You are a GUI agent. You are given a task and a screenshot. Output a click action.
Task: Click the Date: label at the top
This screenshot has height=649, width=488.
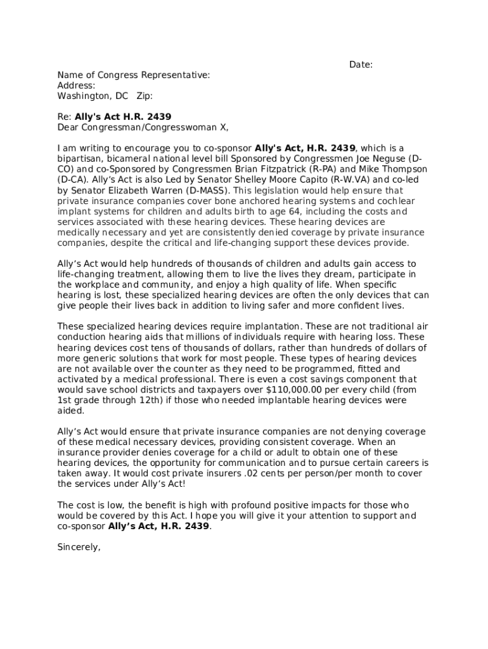click(361, 65)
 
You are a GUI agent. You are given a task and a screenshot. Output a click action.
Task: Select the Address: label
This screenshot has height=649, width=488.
click(76, 86)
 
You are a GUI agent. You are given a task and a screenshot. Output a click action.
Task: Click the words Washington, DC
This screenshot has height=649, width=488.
click(93, 96)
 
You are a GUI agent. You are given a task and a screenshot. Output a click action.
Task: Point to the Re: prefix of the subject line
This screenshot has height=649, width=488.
click(64, 117)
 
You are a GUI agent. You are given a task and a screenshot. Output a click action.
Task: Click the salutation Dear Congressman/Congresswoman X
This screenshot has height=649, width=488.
click(143, 127)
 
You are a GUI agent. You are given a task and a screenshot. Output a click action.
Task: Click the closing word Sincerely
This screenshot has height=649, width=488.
click(79, 547)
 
